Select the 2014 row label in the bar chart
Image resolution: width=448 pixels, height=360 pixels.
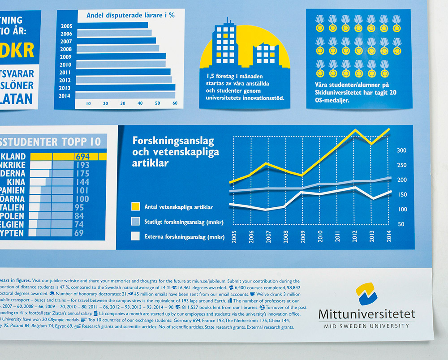pos(65,95)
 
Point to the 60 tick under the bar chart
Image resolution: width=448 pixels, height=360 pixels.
pos(175,103)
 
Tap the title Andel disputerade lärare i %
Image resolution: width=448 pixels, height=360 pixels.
pos(130,15)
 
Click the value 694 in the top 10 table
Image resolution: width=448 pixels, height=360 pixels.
pos(82,157)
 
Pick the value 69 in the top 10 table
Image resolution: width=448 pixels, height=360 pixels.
pos(79,233)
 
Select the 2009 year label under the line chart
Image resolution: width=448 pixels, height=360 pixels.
pos(302,236)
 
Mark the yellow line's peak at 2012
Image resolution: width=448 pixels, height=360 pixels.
pos(355,130)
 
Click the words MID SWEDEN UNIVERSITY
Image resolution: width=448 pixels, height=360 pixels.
pos(366,326)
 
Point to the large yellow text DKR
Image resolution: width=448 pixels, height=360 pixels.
pos(18,50)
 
